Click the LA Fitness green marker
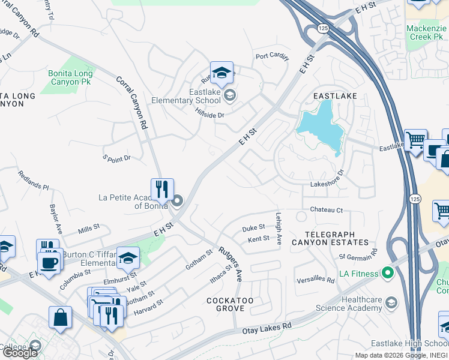[387, 274]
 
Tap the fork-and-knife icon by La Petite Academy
[162, 190]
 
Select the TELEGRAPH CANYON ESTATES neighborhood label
[328, 238]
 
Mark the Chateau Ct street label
[326, 210]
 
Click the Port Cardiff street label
[272, 57]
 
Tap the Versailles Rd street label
[315, 280]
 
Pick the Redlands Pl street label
[34, 179]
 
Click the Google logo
[20, 353]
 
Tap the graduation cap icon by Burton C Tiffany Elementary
[128, 258]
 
